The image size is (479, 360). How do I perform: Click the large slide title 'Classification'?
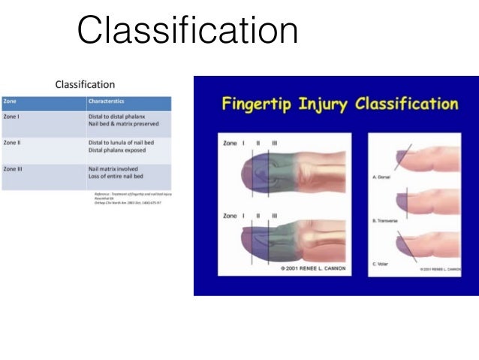(x=188, y=32)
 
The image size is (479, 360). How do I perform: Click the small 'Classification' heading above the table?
(x=85, y=85)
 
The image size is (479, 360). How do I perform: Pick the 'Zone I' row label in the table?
(x=12, y=116)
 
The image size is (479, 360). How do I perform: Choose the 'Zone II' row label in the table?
(x=13, y=142)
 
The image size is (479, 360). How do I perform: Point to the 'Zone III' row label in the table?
(x=14, y=169)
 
